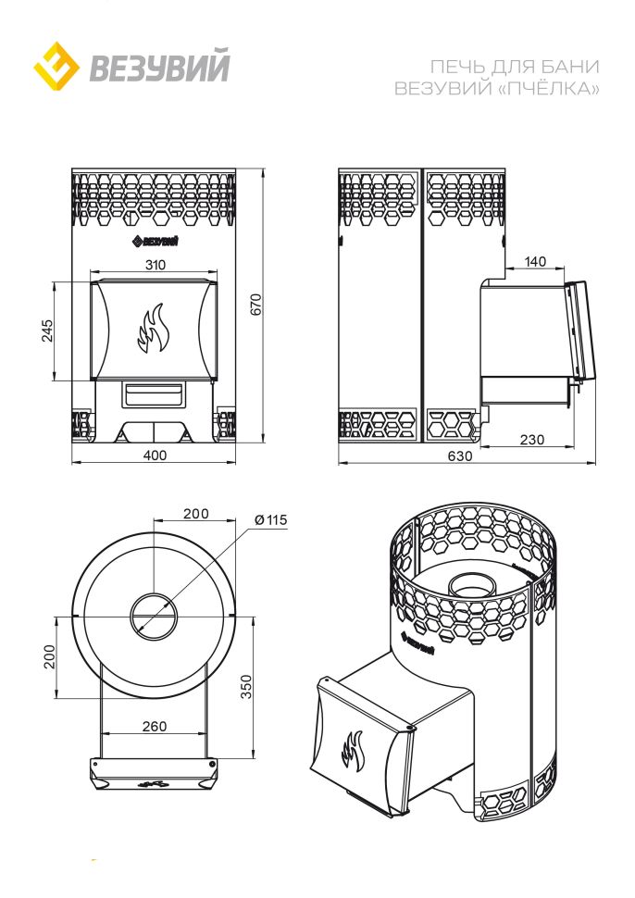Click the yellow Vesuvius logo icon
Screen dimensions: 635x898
(56, 66)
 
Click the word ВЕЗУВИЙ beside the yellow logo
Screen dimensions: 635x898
(160, 67)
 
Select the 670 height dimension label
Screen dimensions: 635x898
(256, 304)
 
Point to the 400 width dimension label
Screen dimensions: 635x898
(155, 455)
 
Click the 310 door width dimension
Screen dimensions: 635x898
(156, 265)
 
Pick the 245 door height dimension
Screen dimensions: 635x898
(47, 331)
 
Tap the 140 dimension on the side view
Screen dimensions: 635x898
(535, 262)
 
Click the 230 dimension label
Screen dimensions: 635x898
(532, 439)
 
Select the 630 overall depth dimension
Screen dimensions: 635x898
(460, 455)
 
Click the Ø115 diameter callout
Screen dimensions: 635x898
(271, 520)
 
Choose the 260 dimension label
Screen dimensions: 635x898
(155, 726)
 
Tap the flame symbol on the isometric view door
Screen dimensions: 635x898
(353, 751)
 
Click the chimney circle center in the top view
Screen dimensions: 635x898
(154, 617)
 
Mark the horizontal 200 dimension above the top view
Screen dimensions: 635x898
(196, 514)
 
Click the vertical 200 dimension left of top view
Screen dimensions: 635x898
(50, 656)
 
